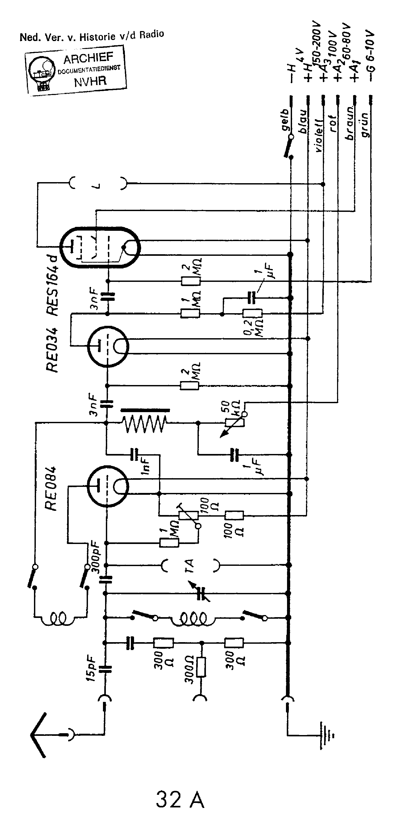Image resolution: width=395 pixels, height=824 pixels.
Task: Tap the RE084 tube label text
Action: [51, 488]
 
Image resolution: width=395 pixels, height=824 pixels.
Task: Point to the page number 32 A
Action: [180, 800]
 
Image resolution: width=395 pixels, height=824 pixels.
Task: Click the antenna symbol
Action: [40, 735]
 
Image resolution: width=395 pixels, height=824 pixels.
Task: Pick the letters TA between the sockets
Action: [190, 566]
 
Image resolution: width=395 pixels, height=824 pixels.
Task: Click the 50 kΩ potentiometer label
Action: [230, 408]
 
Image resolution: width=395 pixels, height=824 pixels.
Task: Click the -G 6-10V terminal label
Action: [370, 56]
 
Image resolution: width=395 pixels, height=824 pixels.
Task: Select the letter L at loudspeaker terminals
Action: [98, 185]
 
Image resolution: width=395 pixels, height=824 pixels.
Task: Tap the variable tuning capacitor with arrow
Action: [200, 592]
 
